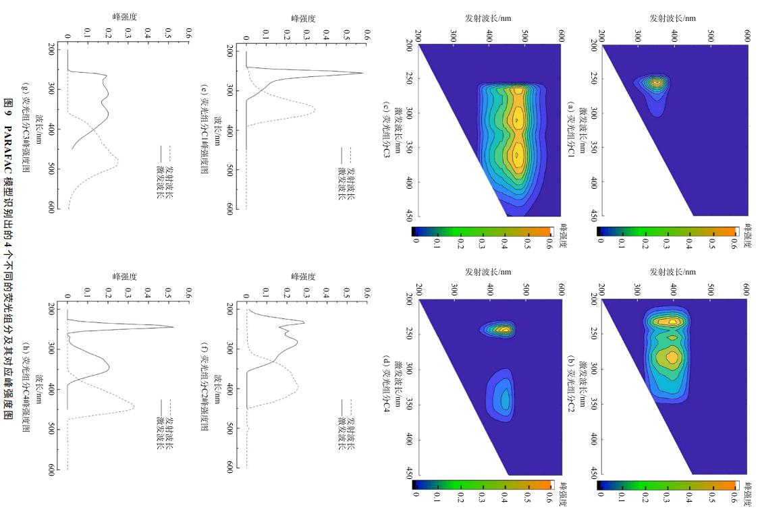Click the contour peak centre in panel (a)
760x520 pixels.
click(x=657, y=83)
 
